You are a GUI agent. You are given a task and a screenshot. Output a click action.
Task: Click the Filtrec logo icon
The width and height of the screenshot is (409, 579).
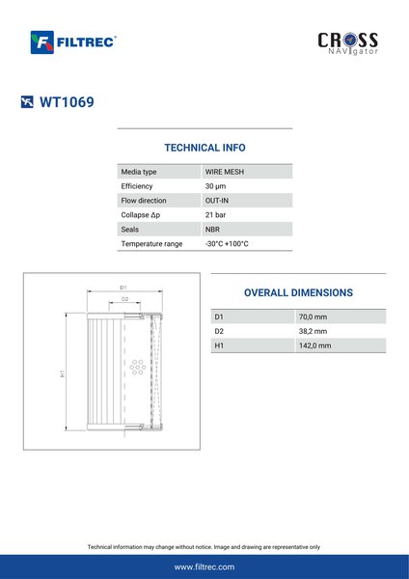[42, 42]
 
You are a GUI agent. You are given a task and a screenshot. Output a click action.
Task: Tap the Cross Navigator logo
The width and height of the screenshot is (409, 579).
[347, 43]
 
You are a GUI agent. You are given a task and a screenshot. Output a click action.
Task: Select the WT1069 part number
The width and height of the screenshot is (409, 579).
[67, 102]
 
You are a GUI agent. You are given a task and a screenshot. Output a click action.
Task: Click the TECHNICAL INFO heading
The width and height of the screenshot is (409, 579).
[204, 148]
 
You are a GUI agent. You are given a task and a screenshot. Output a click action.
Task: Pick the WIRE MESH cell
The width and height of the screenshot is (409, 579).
[225, 172]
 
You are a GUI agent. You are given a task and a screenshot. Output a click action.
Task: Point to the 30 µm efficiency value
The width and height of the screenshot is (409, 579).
[215, 186]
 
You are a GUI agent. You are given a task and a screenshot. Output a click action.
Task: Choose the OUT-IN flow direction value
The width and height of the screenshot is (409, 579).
[217, 201]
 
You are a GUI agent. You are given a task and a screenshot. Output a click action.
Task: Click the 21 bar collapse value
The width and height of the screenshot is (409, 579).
[215, 215]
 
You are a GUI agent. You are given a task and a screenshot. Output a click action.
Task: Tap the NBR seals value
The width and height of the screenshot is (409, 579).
[212, 230]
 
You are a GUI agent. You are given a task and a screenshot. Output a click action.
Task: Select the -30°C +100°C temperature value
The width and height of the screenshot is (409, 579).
[227, 244]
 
